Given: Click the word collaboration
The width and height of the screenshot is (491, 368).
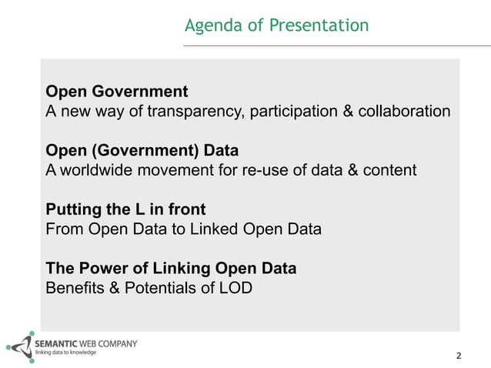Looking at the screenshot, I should click(403, 112).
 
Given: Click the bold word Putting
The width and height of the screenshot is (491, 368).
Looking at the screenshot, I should click(72, 209).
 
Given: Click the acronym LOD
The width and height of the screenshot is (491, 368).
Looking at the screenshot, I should click(233, 289).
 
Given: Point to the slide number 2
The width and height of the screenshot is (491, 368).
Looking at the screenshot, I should click(459, 356).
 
